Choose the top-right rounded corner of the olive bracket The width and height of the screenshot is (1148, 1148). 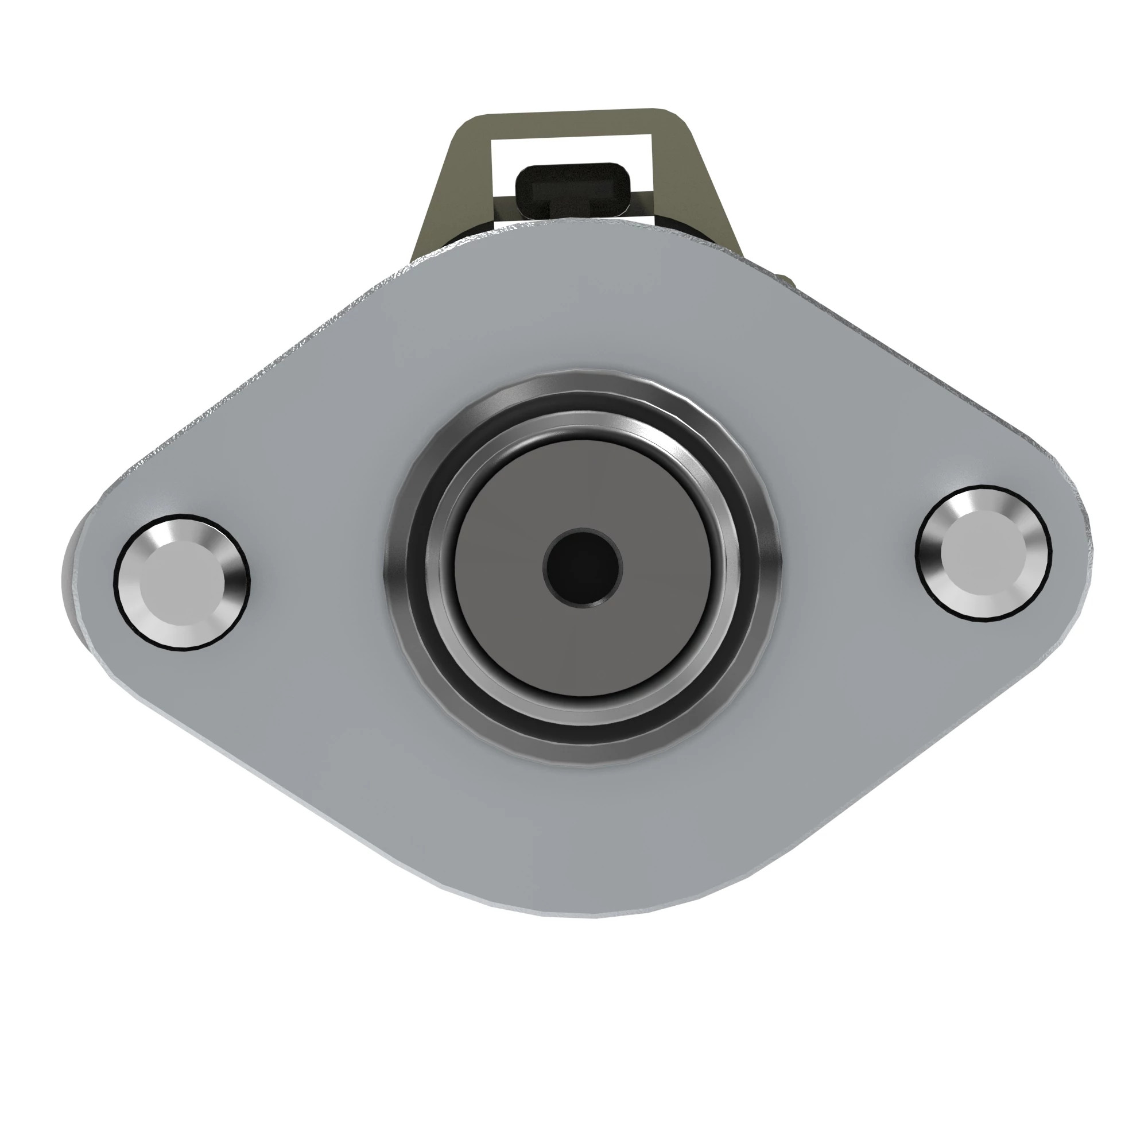pyautogui.click(x=669, y=117)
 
